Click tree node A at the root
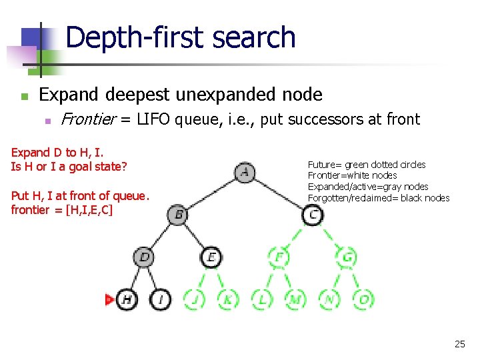245,173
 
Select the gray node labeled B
178,215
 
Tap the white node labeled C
313,215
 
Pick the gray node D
144,257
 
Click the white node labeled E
211,257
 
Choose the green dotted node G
347,257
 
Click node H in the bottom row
127,299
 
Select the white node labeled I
161,299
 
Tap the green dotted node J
194,299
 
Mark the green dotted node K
228,299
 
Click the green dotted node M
295,299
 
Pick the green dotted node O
363,299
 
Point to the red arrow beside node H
109,299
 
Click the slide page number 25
459,344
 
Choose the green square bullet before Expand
25,97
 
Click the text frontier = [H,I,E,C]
62,209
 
